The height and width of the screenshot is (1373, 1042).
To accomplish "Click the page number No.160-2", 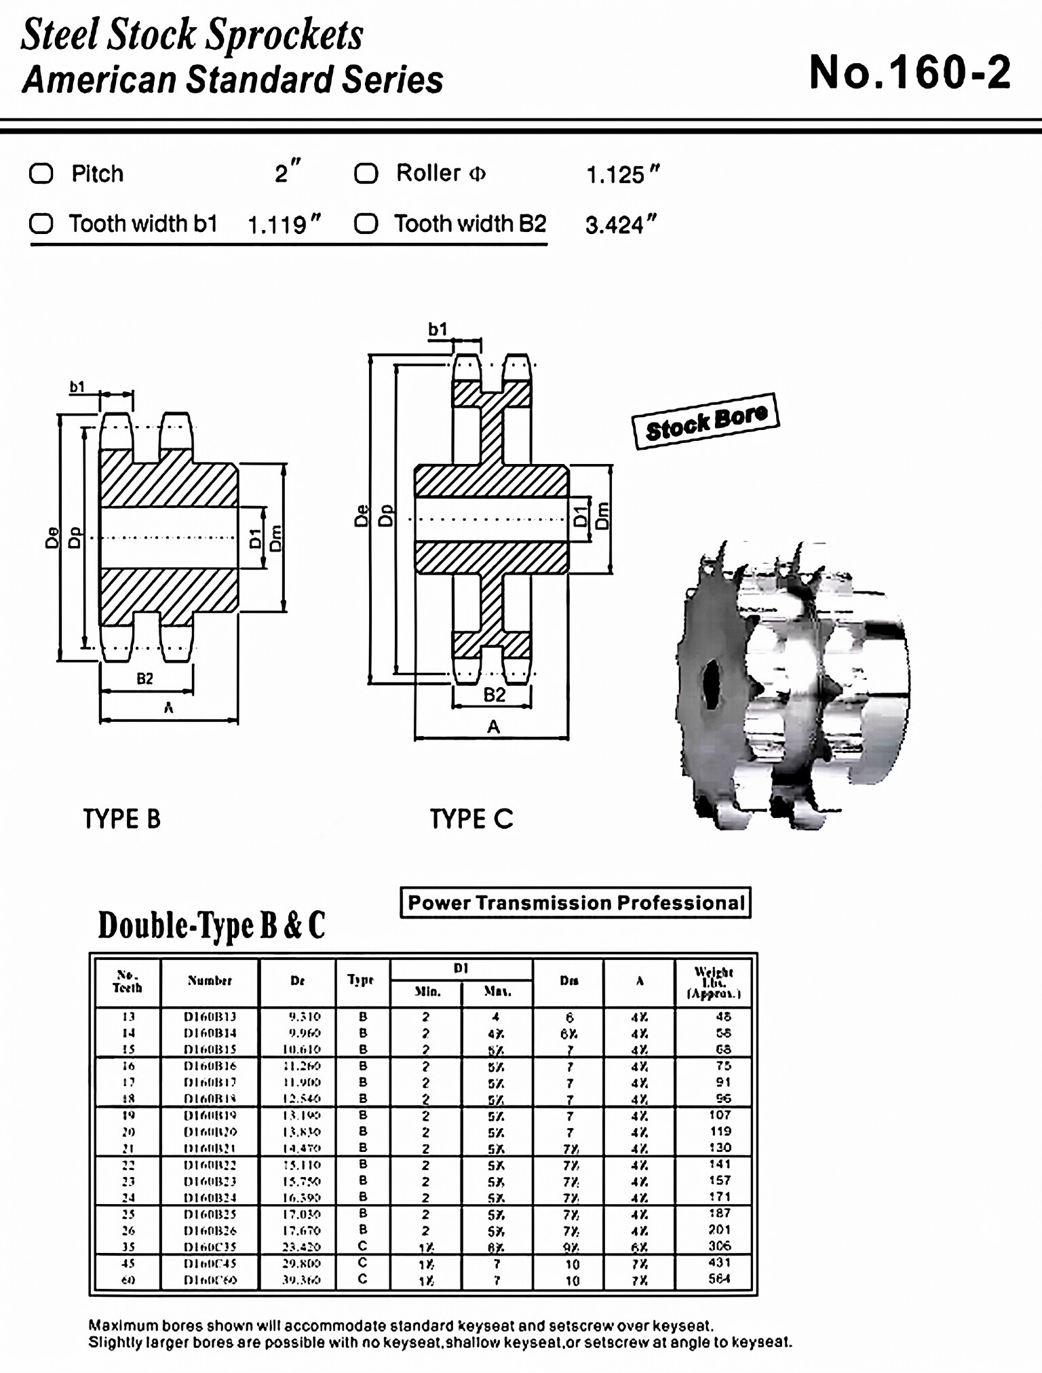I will point(910,73).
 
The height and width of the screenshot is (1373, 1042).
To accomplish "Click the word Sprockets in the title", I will point(284,35).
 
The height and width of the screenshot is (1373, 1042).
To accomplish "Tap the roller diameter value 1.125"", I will point(622,174).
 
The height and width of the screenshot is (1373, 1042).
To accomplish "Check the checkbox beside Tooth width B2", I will point(366,223).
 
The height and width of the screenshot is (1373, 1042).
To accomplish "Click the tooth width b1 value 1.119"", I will point(284,225).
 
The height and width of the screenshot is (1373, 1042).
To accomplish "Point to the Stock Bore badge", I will point(706,421).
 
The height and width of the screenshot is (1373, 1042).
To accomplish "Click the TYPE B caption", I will point(122,819).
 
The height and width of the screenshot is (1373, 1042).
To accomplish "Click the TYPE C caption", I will point(471,819).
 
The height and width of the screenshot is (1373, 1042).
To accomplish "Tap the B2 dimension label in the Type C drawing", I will point(494,695).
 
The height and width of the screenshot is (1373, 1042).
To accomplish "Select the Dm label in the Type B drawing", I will point(275,537).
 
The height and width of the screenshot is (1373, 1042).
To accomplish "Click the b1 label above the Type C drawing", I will point(438,329).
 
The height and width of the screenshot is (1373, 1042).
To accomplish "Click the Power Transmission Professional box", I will point(575,903).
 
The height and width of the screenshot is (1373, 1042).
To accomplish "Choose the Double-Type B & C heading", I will point(212,925).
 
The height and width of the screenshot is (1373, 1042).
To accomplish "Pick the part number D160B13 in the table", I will point(210,1017).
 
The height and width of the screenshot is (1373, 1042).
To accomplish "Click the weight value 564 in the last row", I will point(719,1279).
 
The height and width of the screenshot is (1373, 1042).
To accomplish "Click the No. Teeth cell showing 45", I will point(128,1263).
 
